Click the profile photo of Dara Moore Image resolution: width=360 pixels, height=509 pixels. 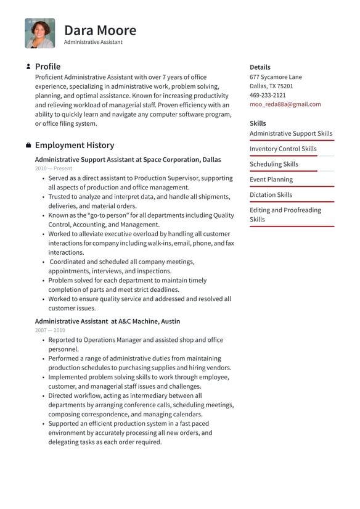point(40,33)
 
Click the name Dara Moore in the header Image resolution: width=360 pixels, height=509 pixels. point(100,30)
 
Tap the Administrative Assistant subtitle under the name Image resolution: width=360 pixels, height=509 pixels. point(93,43)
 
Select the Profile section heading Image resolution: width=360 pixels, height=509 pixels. point(47,67)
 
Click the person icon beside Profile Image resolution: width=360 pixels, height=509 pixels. point(28,67)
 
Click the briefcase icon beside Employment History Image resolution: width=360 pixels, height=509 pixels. point(28,146)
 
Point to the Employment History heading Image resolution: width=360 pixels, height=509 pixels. point(74,146)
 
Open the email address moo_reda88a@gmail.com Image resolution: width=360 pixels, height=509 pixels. point(285,104)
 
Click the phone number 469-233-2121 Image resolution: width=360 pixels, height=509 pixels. point(268,95)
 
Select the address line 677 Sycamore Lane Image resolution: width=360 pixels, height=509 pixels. point(276,77)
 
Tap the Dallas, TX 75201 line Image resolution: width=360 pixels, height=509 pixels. point(271,86)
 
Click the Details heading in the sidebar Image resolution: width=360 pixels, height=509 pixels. point(260,67)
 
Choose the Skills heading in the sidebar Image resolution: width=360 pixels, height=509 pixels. point(258,123)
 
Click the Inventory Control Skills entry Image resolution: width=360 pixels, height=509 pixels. point(283,149)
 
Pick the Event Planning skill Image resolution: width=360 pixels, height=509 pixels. point(271,180)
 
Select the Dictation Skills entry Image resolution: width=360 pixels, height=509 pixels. point(271,195)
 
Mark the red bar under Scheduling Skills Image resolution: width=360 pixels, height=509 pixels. point(284,171)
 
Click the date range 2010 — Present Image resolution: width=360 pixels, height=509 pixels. point(54,168)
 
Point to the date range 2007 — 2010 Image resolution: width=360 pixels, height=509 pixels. point(50,330)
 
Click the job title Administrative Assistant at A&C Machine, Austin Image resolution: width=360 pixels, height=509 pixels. point(107,321)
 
